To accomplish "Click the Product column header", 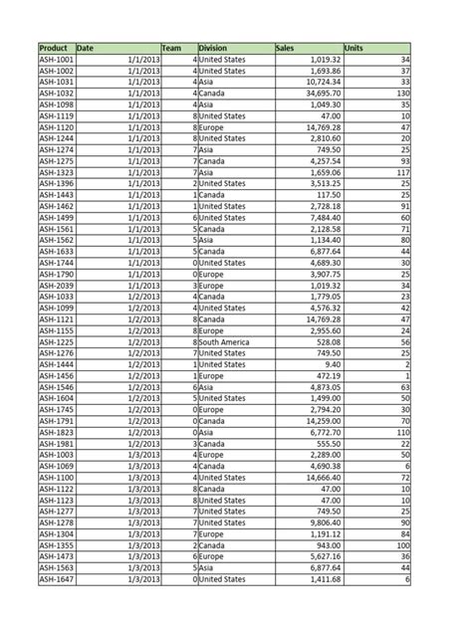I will pyautogui.click(x=53, y=48).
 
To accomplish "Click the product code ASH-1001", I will pyautogui.click(x=56, y=60).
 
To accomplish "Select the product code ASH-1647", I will pyautogui.click(x=56, y=579).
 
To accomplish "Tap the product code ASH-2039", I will pyautogui.click(x=56, y=285).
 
